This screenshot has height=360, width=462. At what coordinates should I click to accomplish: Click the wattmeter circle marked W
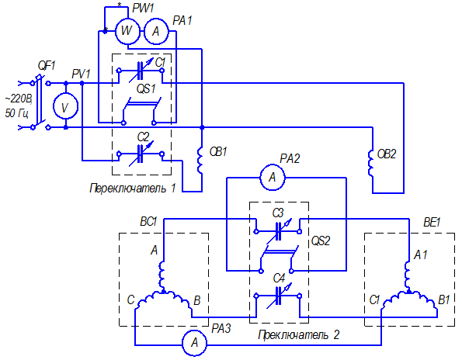[127, 31]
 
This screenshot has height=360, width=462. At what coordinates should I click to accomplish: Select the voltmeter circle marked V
[65, 107]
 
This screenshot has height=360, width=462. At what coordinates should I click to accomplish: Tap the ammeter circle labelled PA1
[156, 31]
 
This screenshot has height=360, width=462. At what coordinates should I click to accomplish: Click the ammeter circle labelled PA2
[273, 178]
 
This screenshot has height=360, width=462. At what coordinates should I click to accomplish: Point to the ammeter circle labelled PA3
[194, 343]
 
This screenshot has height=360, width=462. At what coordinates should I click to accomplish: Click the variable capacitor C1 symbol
[141, 71]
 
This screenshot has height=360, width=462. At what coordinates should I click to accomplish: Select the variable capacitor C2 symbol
[141, 154]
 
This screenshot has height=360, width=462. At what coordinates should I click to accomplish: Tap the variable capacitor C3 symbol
[278, 231]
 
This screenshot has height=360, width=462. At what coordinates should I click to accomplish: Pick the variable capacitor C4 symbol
[278, 296]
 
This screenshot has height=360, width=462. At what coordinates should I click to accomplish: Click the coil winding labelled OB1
[200, 160]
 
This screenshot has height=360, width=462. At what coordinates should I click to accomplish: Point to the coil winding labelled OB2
[370, 164]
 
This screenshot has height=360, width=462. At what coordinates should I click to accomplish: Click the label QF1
[47, 65]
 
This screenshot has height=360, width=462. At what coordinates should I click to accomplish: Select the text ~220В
[19, 99]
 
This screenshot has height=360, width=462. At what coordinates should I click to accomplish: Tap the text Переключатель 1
[133, 188]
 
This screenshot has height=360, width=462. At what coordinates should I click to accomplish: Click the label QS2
[321, 241]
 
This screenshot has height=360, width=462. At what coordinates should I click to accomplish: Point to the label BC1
[149, 221]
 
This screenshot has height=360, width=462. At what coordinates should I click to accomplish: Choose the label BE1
[432, 223]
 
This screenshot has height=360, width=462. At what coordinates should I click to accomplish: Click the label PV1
[82, 74]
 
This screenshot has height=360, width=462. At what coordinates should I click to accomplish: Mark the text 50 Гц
[17, 113]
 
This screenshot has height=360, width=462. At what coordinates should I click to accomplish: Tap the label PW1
[143, 8]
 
